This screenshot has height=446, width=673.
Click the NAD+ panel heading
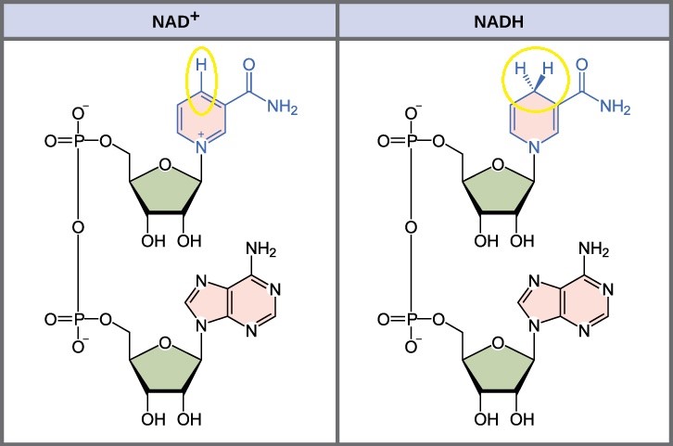175,20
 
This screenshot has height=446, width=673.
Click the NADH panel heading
499,21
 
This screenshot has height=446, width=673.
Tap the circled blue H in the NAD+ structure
201,65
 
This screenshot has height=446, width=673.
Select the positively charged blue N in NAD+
201,147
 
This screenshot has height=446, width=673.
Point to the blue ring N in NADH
534,147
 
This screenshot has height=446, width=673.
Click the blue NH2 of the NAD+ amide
282,106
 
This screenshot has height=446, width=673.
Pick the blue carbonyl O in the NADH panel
582,65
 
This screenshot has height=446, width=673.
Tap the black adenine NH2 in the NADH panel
593,249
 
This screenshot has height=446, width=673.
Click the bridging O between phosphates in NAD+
78,227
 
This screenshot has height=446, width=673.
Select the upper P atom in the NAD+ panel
78,141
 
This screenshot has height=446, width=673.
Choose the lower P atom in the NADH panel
412,319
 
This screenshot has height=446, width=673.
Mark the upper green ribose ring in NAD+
166,190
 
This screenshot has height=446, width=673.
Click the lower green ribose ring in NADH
499,368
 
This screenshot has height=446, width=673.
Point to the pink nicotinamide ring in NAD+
201,117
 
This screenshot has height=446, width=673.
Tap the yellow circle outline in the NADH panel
503,80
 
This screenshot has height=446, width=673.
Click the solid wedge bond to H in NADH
539,83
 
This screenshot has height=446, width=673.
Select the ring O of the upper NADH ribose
498,164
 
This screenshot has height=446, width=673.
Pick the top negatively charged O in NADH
412,113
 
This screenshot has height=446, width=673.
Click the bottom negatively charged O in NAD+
79,346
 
